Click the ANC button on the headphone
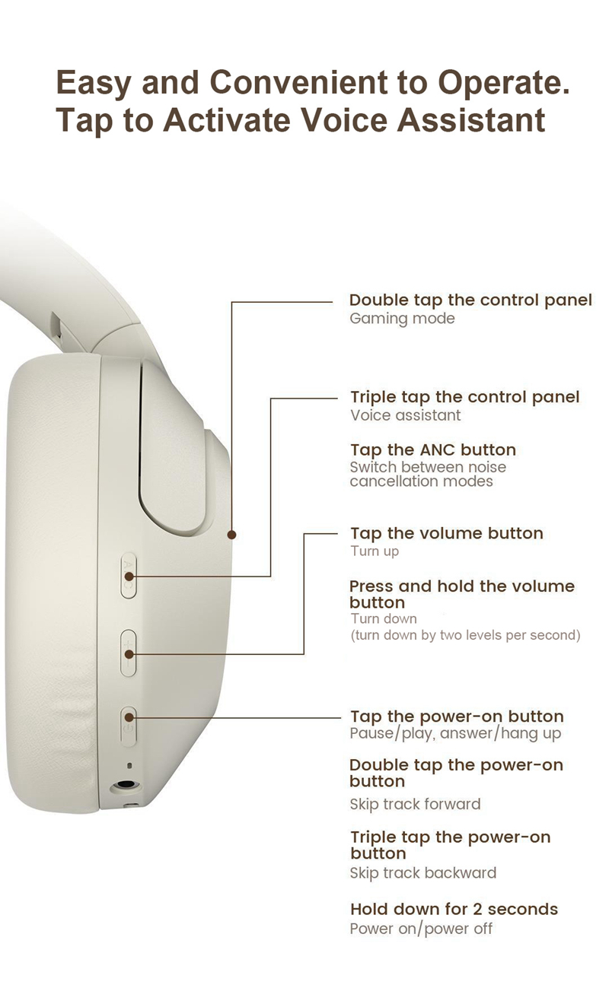[x=129, y=575]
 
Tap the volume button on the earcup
[x=129, y=653]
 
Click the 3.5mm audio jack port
[x=126, y=786]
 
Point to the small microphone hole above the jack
[x=129, y=766]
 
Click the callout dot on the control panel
[x=231, y=535]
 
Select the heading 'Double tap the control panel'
[x=470, y=300]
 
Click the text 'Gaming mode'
[x=402, y=319]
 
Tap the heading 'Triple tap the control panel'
[x=464, y=397]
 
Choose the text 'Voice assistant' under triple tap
[x=406, y=415]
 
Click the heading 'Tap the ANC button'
[x=433, y=450]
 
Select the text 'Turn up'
[x=375, y=551]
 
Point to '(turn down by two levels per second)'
[x=466, y=635]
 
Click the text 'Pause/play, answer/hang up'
[x=455, y=733]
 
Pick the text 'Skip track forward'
[x=416, y=804]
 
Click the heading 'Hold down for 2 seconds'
[x=454, y=909]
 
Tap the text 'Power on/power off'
[x=421, y=929]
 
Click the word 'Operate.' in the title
[x=503, y=83]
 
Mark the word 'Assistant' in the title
[x=471, y=120]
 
